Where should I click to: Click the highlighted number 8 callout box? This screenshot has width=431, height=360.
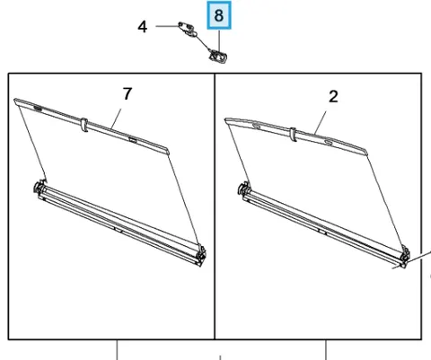(x=219, y=15)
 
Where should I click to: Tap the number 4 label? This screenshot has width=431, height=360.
(x=143, y=27)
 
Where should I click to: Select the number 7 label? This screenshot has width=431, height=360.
(x=128, y=93)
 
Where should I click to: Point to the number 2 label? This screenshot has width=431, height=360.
(x=333, y=97)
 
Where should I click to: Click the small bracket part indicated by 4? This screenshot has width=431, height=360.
(x=188, y=30)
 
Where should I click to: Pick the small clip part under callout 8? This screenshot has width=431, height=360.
(x=218, y=57)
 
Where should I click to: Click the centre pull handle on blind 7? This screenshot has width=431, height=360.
(x=84, y=125)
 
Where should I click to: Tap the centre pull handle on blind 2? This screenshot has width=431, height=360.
(x=293, y=135)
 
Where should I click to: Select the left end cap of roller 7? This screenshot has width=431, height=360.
(x=40, y=189)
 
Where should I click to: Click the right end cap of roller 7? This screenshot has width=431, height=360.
(x=201, y=255)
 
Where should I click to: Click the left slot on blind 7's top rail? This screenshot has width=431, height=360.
(x=38, y=108)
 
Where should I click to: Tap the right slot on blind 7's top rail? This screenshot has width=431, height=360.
(x=132, y=139)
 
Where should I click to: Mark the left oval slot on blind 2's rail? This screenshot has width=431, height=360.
(x=257, y=126)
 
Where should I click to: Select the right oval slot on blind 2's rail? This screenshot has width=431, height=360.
(x=329, y=142)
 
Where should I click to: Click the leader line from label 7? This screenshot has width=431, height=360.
(x=116, y=119)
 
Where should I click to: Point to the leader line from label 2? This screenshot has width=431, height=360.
(x=321, y=122)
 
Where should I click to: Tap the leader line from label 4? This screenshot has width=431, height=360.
(x=168, y=26)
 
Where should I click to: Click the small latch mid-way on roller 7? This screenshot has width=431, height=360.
(x=119, y=230)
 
